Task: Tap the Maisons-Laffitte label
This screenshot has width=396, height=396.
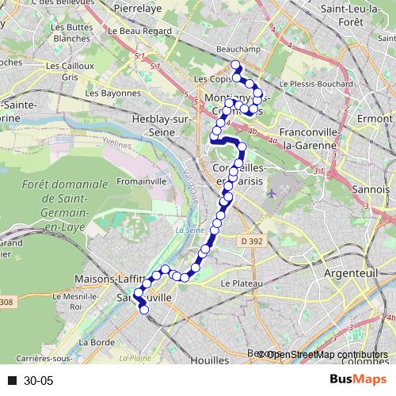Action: (x=107, y=279)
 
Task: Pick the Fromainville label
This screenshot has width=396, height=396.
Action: (x=141, y=181)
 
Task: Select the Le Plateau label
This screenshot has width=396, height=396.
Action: (x=241, y=283)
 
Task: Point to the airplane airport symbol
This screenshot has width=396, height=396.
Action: (x=272, y=192)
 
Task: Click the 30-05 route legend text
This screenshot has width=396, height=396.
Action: (x=38, y=381)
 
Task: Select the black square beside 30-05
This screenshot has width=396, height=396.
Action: (x=13, y=381)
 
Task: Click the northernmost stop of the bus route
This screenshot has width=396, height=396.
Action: (x=234, y=65)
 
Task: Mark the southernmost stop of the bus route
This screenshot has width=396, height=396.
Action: (x=143, y=310)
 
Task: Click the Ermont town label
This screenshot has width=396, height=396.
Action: (x=375, y=118)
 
